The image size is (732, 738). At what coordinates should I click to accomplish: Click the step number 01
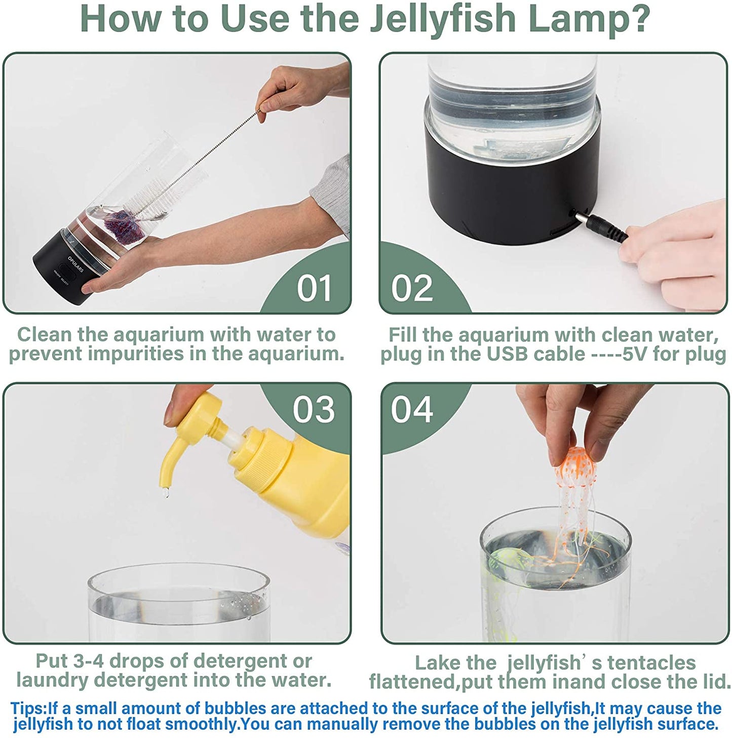coord(314,288)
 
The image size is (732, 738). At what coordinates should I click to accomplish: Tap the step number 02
coord(412,288)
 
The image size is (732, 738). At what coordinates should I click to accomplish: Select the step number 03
coord(314,409)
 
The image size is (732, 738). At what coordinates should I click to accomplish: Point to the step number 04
coord(412,409)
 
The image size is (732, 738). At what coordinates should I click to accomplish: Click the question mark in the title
coord(638,18)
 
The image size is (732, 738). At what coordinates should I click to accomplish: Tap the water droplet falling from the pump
coord(165,493)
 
